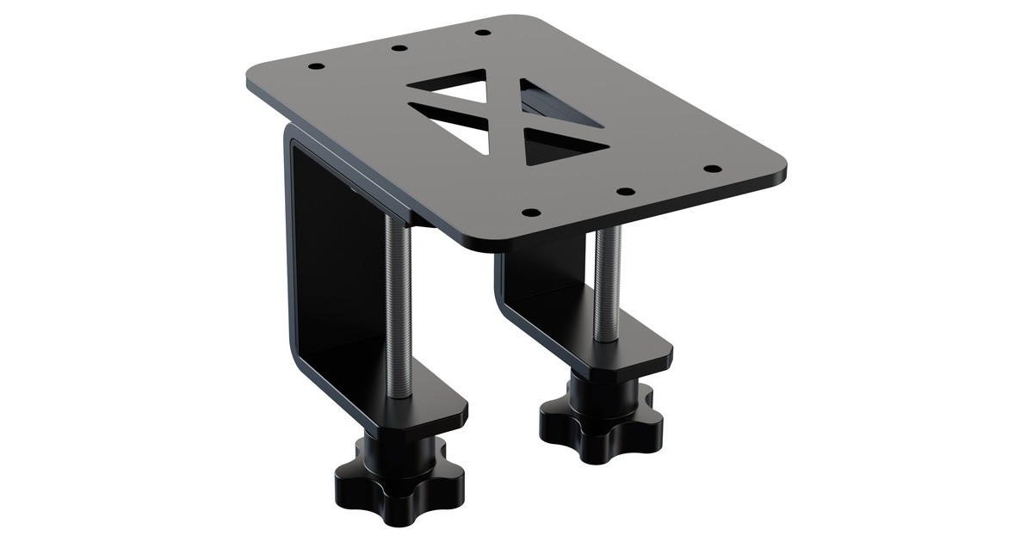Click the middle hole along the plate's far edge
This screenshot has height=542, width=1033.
coord(399,47)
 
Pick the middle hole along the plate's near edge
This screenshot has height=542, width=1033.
coord(626,191)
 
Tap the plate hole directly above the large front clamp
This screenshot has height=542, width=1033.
coord(317,66)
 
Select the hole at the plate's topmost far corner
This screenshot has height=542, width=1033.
coord(483,33)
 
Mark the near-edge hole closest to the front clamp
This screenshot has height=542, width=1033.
coord(531,212)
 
